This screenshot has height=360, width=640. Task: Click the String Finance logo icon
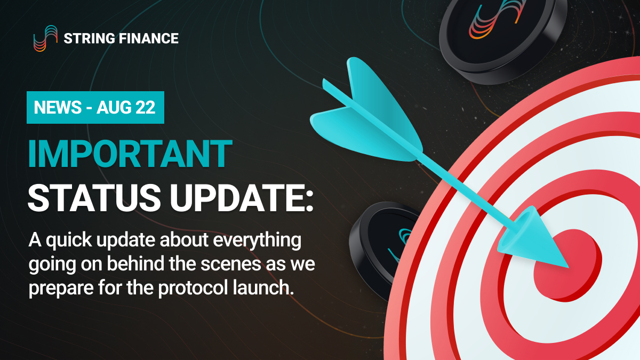pos(45,38)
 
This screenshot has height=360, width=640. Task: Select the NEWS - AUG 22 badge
pos(95,108)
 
